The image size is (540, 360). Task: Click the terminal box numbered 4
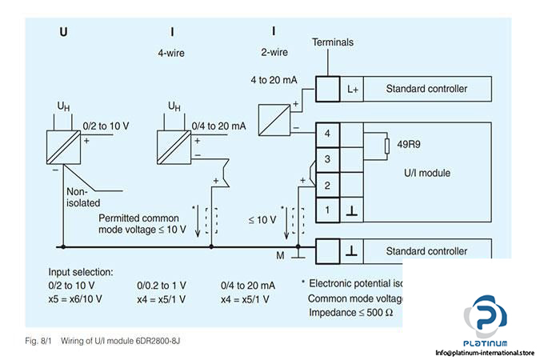tap(326, 134)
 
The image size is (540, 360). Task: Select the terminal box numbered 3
tap(326, 159)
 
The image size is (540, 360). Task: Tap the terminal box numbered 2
tap(326, 185)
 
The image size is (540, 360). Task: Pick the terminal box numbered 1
tap(326, 210)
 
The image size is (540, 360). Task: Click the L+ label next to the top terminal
tap(353, 88)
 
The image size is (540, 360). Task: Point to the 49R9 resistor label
tap(398, 145)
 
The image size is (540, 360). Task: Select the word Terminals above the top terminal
tap(333, 42)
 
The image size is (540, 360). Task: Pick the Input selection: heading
tap(81, 271)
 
